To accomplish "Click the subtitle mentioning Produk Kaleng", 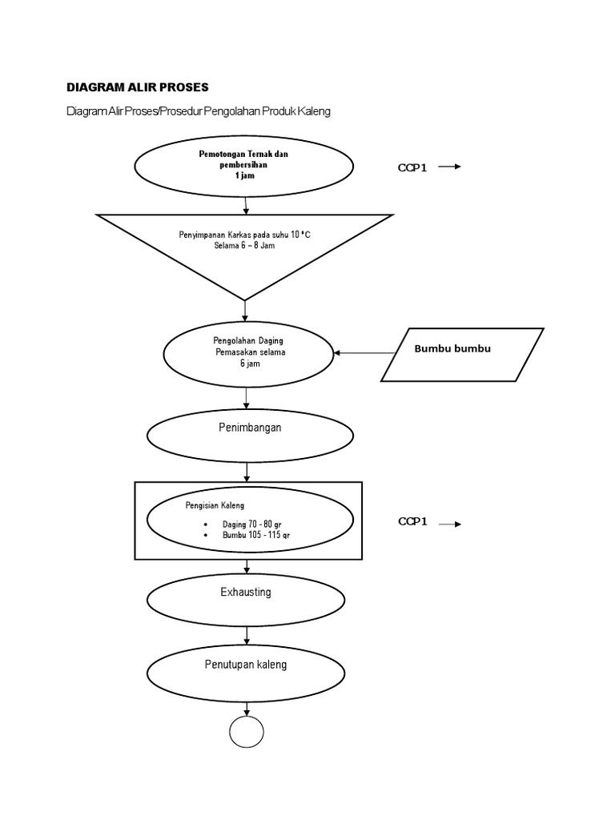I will click(198, 111).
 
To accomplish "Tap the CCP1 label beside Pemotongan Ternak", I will click(413, 168).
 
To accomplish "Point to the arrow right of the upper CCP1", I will click(450, 167).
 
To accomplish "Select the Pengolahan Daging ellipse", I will click(249, 353).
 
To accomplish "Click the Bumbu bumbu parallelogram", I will click(463, 353).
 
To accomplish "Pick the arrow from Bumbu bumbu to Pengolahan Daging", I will click(365, 353).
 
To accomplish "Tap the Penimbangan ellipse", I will click(250, 433).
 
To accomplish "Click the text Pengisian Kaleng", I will click(215, 505).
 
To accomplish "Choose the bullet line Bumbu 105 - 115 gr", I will click(251, 534).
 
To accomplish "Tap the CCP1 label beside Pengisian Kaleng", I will click(413, 522).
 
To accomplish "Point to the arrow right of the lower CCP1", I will click(450, 524).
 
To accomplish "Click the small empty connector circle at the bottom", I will click(247, 732).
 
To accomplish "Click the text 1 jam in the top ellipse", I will click(244, 176).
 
